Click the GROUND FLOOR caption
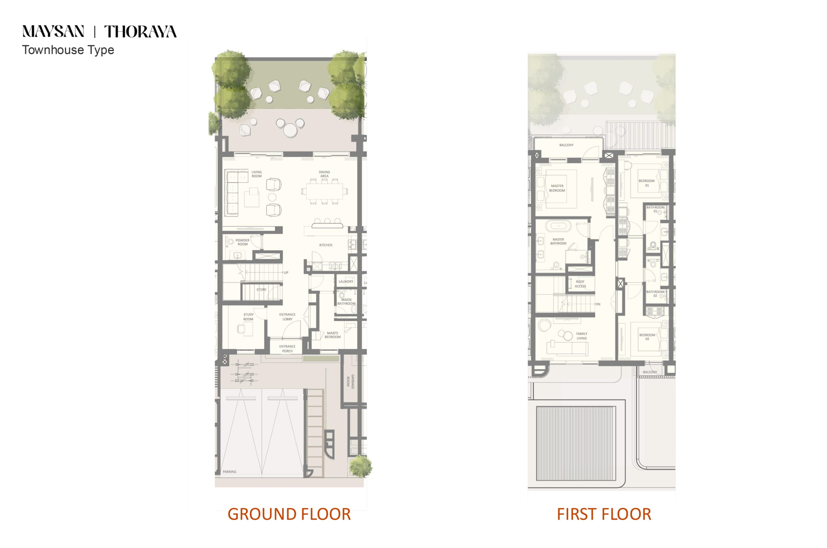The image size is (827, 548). click(289, 514)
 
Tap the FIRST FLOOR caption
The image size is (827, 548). click(604, 514)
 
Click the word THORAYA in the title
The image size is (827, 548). click(141, 31)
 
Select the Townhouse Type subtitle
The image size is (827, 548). click(68, 50)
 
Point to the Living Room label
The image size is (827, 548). click(256, 174)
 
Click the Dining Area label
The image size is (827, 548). click(324, 174)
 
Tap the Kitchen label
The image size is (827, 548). click(326, 245)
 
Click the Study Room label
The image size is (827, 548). click(248, 317)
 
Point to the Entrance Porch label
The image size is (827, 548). click(287, 349)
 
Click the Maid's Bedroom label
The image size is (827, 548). click(332, 335)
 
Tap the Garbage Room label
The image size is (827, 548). click(351, 382)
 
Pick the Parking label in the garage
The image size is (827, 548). click(230, 472)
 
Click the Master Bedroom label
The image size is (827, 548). click(557, 188)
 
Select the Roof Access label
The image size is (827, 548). click(580, 284)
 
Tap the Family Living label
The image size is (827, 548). click(581, 336)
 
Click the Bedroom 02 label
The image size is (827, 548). click(647, 337)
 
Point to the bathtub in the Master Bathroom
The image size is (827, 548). click(558, 226)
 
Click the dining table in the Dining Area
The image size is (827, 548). click(325, 192)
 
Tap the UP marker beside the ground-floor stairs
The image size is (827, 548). click(286, 273)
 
